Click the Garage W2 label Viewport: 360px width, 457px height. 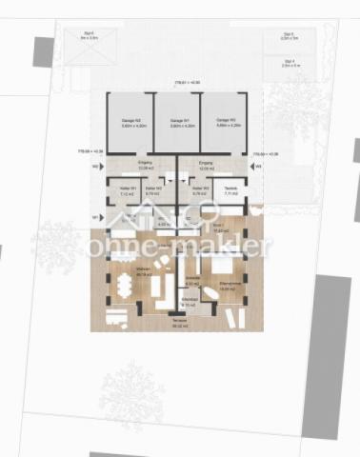tap(131, 123)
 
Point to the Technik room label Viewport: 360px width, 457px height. tap(231, 190)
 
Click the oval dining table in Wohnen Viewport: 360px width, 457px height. tap(125, 285)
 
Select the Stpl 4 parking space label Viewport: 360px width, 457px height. tap(289, 63)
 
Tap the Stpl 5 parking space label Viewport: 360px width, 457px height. tap(289, 36)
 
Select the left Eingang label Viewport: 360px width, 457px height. tap(146, 164)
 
